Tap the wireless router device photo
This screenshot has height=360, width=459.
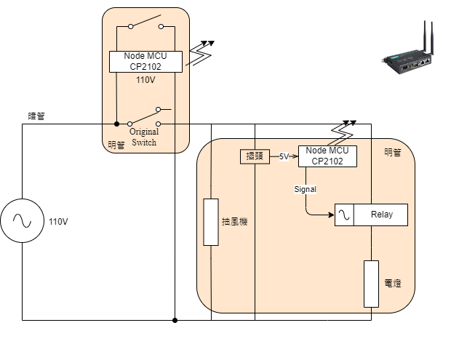point(409,59)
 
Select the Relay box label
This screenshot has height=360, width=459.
point(381,215)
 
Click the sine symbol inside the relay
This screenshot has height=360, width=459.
point(343,215)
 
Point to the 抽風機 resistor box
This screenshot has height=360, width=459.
point(211,222)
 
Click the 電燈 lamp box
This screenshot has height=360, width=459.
point(372,283)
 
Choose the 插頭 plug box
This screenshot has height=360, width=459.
point(255,156)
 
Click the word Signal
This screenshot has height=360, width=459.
point(306,189)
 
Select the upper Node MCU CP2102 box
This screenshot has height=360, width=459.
point(145,62)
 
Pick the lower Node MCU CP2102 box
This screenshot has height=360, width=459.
point(327,156)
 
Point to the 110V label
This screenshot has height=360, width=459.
point(145,80)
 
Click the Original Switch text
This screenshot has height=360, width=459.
point(144,137)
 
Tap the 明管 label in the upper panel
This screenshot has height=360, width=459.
point(116,144)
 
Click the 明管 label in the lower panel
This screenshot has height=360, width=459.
point(392,152)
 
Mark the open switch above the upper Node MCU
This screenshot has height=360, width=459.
point(145,22)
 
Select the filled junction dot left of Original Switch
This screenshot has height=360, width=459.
point(116,124)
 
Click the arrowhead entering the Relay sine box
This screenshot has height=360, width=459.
point(331,215)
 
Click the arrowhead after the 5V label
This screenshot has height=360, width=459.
point(295,156)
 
